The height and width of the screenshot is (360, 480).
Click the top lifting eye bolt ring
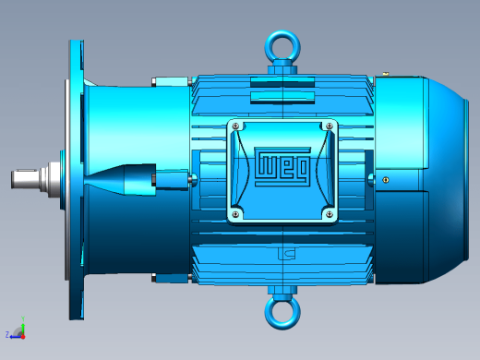282,33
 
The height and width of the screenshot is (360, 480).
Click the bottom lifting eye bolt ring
282,326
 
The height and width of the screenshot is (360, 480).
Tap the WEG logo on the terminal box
282,166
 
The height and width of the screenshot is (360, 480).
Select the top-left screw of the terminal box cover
235,126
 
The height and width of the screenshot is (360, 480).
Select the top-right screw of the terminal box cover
330,126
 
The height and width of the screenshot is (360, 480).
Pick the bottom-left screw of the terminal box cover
235,214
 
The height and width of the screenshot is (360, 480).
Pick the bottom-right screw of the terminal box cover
330,214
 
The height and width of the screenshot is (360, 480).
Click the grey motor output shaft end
25,178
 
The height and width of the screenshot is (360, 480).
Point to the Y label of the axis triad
23,318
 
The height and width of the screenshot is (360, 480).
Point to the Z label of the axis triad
7,334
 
